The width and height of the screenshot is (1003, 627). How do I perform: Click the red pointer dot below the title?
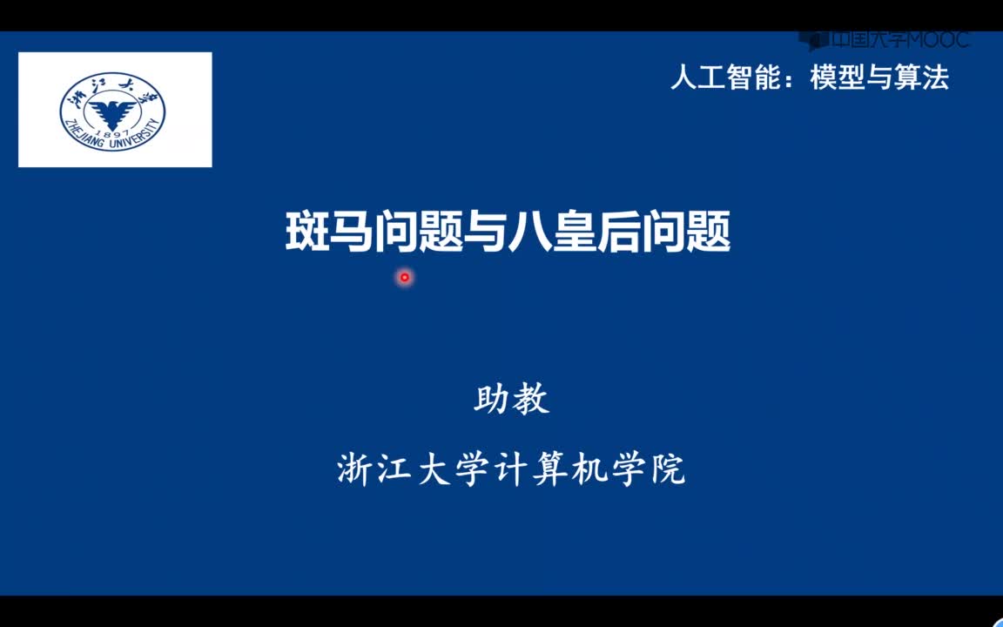(404, 278)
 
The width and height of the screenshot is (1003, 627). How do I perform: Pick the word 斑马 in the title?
(328, 232)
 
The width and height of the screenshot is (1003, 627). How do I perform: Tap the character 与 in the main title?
(486, 232)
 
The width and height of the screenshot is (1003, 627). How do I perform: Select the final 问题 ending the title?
(686, 232)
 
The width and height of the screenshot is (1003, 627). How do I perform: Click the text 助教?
(511, 400)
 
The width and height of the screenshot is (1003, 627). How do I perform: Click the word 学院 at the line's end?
(647, 469)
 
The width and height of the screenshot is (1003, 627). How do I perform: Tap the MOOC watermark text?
(939, 40)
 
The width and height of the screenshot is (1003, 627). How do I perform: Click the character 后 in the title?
(618, 232)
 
